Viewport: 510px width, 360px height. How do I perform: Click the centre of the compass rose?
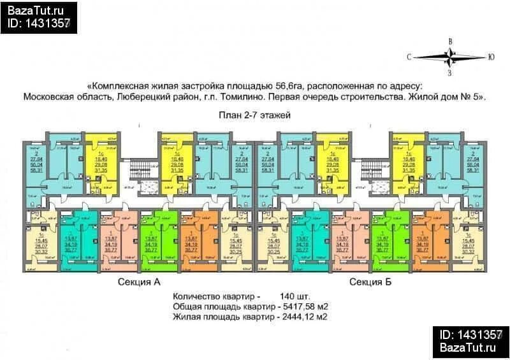(x=451, y=57)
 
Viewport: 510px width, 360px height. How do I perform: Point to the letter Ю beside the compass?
(x=491, y=57)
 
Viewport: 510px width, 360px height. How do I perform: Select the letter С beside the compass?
(x=409, y=57)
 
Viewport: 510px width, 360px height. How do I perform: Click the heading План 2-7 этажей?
(x=254, y=115)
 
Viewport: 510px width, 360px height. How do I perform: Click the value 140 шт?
(x=295, y=297)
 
